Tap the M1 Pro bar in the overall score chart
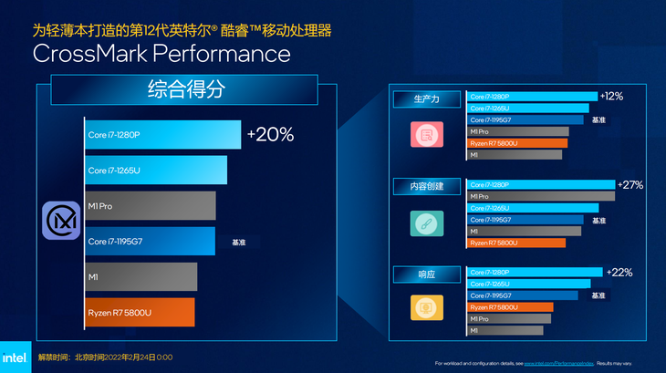point(150,205)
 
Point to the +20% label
point(270,135)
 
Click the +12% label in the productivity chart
point(611,96)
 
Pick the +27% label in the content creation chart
point(630,184)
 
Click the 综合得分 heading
point(185,90)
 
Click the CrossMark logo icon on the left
point(61,223)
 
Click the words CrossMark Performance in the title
point(161,54)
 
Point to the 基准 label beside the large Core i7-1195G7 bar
point(239,243)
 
